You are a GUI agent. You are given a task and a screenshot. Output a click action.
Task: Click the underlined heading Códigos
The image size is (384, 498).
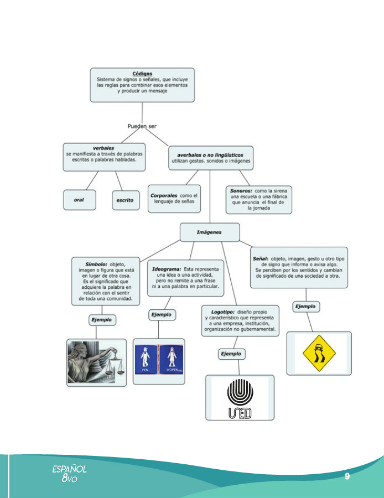(x=142, y=74)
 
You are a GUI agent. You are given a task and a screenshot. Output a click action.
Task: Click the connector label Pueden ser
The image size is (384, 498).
(x=142, y=126)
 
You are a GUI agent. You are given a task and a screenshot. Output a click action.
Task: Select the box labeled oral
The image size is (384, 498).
(x=79, y=200)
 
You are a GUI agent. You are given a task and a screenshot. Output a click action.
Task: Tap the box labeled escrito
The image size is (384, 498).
(x=125, y=200)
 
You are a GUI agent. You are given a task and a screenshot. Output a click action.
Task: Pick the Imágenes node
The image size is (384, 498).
(x=209, y=232)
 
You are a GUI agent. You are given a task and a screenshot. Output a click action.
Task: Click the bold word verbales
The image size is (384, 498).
(x=103, y=148)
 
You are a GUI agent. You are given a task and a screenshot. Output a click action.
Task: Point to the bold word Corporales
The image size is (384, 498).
(x=164, y=195)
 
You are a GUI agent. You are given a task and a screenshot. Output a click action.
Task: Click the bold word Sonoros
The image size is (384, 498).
(x=241, y=190)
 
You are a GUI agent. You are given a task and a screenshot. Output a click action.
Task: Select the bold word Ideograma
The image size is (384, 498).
(x=167, y=269)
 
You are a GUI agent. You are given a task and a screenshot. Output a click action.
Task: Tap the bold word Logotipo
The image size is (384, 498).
(x=224, y=312)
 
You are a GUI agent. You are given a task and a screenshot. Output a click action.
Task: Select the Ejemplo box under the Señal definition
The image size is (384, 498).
(x=305, y=306)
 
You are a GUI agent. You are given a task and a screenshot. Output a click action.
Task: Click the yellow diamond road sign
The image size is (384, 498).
(x=318, y=353)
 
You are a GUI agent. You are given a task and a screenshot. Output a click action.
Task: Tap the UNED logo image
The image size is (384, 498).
(x=240, y=397)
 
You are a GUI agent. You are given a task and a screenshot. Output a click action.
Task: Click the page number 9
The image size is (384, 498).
(x=346, y=476)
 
